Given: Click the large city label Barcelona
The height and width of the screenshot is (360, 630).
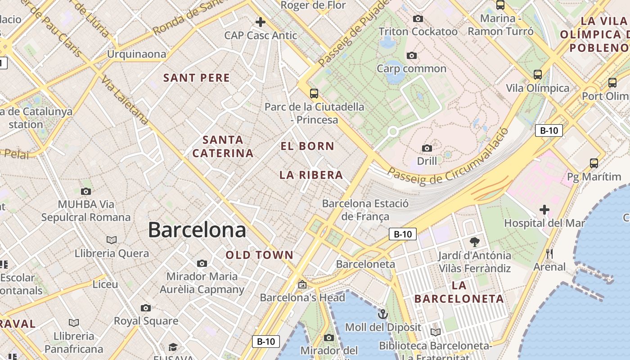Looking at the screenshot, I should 197,230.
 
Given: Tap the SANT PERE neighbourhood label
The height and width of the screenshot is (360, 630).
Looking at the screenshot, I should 197,78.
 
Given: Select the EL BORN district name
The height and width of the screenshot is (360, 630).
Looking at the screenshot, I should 307,146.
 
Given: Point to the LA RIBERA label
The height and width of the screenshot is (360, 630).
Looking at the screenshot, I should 311,175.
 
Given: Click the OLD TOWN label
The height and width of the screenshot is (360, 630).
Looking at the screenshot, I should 260,255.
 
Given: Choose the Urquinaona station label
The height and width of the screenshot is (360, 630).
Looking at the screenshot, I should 136,54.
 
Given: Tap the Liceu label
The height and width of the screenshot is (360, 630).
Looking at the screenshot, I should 105,284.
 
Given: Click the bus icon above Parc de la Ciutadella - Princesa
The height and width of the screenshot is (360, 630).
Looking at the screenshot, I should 314,94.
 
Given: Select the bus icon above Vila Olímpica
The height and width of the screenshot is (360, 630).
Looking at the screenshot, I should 537,75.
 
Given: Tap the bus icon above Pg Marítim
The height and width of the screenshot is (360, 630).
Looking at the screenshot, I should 594,163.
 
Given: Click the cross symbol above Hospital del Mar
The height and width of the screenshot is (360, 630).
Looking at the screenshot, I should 544,210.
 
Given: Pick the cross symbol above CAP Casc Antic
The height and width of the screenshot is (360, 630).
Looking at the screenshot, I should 261,22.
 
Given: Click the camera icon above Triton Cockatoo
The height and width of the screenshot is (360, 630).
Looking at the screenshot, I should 418,18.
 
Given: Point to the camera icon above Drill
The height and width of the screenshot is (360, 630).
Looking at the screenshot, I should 427,148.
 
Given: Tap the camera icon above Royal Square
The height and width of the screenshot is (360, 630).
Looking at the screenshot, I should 146,308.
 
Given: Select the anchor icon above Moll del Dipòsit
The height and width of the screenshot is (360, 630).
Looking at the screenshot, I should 383,314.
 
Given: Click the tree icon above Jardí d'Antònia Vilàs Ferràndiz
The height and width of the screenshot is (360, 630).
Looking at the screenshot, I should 474,243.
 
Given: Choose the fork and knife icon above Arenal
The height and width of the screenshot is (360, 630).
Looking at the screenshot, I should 549,254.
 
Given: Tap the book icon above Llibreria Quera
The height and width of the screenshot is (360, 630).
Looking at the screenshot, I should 112,240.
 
